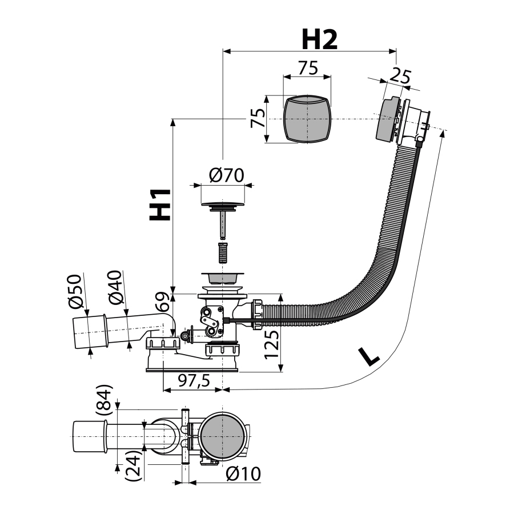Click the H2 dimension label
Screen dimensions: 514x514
coord(319,39)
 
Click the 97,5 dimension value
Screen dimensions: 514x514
coord(192,381)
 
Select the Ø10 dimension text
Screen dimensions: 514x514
coord(243,474)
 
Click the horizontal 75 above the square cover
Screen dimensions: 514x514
coord(308,68)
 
